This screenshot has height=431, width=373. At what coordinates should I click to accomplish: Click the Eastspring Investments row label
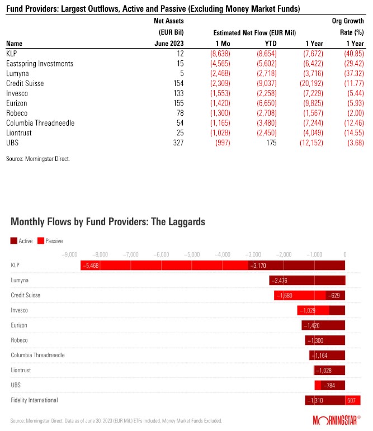pos(40,64)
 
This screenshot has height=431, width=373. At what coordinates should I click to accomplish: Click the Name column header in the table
pos(15,43)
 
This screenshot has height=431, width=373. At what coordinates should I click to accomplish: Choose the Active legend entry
pos(22,240)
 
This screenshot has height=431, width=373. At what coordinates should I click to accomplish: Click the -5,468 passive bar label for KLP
pos(90,266)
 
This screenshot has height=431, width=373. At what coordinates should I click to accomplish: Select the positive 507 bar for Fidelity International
pos(352,400)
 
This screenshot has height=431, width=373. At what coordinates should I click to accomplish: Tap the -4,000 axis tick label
pos(223,253)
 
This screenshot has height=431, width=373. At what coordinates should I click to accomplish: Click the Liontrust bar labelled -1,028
pos(329,370)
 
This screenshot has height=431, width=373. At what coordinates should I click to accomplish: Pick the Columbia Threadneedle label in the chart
pos(37,355)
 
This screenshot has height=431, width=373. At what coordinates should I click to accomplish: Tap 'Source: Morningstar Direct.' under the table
pos(38,159)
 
